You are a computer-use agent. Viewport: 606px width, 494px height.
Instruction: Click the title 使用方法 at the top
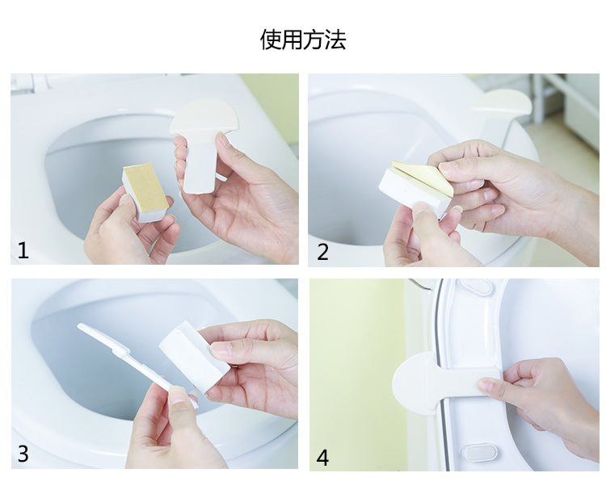point(303,40)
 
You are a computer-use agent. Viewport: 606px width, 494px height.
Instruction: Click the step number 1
point(23,250)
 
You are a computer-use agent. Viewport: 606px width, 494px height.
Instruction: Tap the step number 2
point(322,252)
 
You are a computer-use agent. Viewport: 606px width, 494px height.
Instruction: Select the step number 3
point(23,454)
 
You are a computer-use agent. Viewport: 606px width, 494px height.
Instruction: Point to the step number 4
point(322,458)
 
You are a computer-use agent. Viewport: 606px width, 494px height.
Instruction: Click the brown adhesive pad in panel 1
point(146,189)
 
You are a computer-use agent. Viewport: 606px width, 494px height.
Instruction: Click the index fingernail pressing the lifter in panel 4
point(486,383)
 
